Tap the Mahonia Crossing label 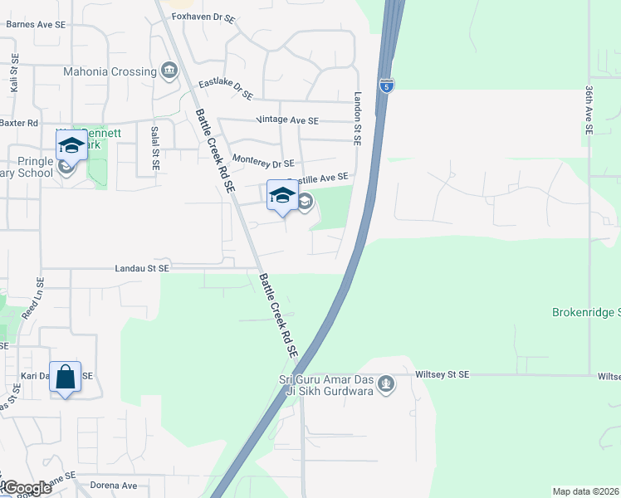[110, 71]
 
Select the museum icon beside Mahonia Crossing [170, 70]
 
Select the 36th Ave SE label [588, 110]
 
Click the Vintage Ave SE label [288, 120]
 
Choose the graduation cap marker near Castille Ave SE [282, 196]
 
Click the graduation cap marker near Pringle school [71, 146]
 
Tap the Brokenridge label [585, 313]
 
